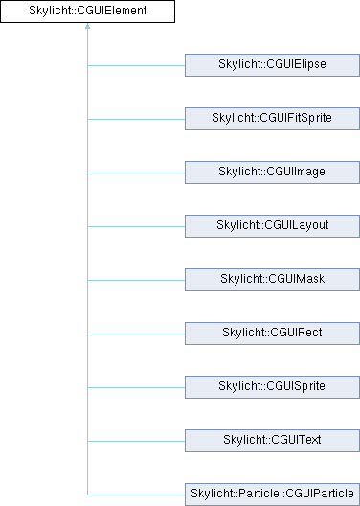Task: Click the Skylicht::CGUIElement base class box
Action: click(87, 11)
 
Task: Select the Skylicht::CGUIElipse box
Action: click(272, 65)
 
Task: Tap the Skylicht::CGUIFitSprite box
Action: click(272, 119)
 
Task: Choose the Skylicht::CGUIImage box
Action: click(272, 172)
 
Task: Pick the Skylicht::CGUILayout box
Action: click(272, 226)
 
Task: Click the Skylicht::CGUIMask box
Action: click(272, 280)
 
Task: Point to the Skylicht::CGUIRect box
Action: click(272, 333)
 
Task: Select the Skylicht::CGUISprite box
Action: click(272, 387)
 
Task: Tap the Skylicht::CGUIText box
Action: click(272, 441)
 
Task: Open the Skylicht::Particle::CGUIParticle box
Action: click(272, 494)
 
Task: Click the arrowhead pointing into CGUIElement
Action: click(87, 26)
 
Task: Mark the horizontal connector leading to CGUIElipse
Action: click(136, 65)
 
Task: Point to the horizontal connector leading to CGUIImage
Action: click(136, 172)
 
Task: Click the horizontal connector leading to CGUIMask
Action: click(136, 280)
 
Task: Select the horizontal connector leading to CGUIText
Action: click(136, 441)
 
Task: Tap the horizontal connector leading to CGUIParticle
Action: click(136, 494)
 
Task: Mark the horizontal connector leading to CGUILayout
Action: click(136, 226)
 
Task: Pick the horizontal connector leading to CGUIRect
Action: click(136, 334)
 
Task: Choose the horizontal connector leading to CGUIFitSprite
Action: click(136, 119)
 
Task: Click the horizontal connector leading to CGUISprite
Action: click(136, 387)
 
